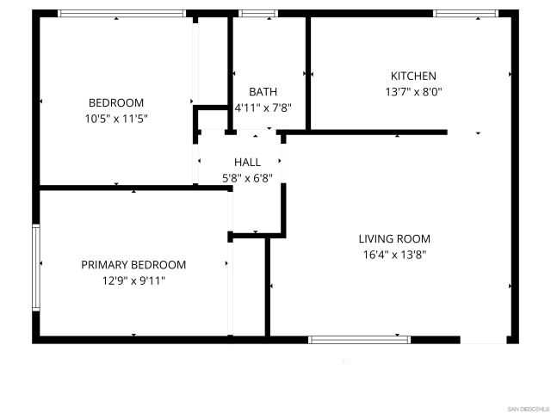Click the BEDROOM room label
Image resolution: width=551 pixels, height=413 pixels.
pos(116,103)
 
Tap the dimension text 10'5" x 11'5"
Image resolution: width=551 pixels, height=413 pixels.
pos(116,119)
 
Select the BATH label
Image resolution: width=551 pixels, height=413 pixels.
pos(263,92)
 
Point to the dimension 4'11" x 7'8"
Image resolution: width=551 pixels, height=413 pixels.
pos(263,108)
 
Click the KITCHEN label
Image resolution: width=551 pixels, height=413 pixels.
pos(413,76)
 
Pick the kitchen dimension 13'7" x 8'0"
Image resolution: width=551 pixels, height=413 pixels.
pos(413,91)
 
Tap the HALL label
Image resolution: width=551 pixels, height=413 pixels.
pos(247,163)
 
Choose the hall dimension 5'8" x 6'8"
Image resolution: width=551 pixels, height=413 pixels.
pos(247,178)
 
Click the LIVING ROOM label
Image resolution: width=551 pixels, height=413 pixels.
pos(394,239)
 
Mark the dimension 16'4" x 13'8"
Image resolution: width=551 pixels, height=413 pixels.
pos(394,255)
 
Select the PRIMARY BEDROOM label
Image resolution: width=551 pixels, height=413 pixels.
pos(133,265)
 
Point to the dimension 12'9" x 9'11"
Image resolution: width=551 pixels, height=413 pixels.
pos(133,280)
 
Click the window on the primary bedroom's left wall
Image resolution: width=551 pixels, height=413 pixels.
pos(36,267)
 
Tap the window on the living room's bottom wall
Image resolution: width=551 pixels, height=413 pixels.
pos(360,340)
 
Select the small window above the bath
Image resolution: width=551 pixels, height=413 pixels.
pos(253,14)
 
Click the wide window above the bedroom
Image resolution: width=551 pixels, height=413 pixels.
pos(121,14)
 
